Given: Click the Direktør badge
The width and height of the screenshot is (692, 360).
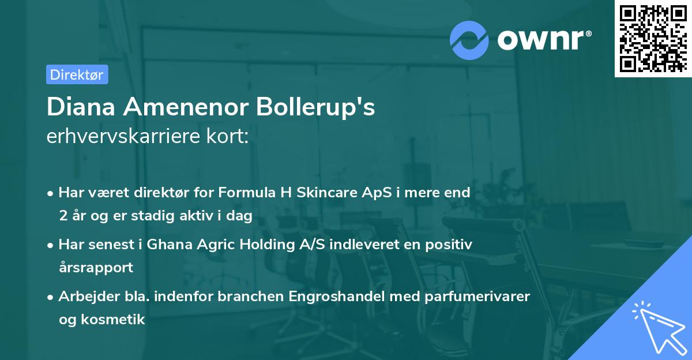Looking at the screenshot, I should coord(77,74).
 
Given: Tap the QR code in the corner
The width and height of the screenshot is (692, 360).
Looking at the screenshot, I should coord(653,38).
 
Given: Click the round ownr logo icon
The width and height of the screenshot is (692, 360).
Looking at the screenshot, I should coord(469,39).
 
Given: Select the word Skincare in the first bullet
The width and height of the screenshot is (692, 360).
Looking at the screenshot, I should coord(324,192).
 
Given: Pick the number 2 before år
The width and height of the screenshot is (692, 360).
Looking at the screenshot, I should coord(62,216).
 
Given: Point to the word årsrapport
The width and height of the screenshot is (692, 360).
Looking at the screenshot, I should coord(96,268).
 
